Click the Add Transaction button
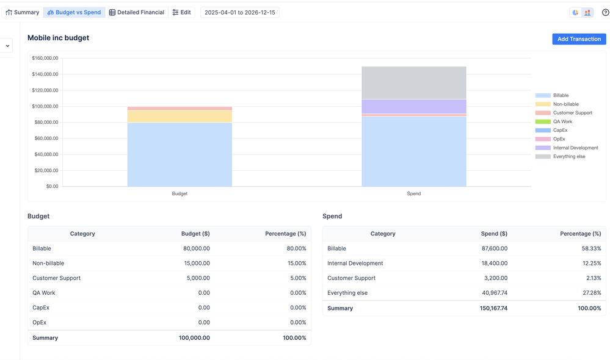[x=579, y=39]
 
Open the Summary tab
[x=23, y=12]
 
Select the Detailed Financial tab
[x=137, y=12]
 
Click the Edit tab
[x=182, y=12]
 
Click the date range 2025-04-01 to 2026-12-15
[x=239, y=12]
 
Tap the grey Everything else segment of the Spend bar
[x=414, y=82]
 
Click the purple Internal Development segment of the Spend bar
[x=414, y=107]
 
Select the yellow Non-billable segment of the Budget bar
[x=180, y=117]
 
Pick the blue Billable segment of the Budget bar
[x=180, y=155]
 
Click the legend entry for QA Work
[x=554, y=121]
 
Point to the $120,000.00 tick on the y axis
[x=45, y=90]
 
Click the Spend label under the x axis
[x=414, y=193]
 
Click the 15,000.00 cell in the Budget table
[x=197, y=263]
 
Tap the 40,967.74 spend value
[x=495, y=293]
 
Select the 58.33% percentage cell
[x=591, y=248]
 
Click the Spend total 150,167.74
[x=494, y=308]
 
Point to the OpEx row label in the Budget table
[x=39, y=322]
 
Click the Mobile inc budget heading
[x=59, y=38]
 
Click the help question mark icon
[x=605, y=12]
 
